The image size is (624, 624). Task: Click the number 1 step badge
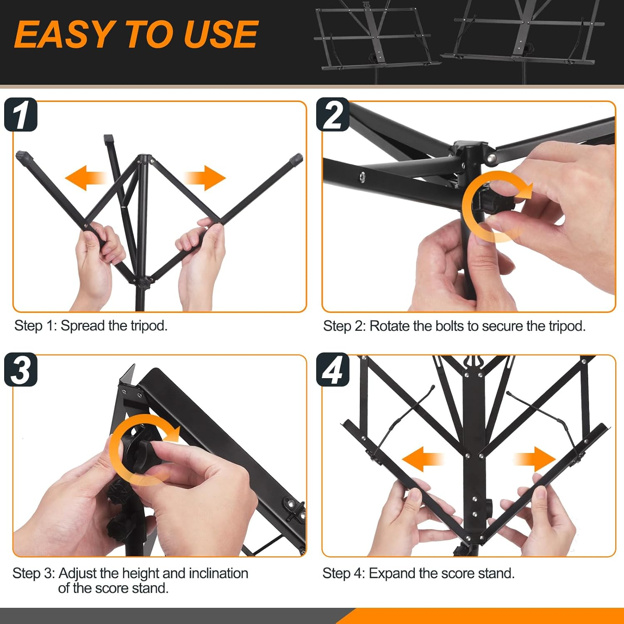21,114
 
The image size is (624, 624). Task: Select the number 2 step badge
333,114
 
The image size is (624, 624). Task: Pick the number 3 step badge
21,369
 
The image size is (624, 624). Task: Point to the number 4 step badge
333,369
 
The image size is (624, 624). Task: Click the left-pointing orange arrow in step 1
86,178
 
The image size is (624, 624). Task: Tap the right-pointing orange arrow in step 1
205,178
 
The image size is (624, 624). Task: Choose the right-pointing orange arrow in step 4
535,459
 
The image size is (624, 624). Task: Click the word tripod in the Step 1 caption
149,326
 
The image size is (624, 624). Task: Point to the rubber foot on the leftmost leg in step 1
25,157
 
